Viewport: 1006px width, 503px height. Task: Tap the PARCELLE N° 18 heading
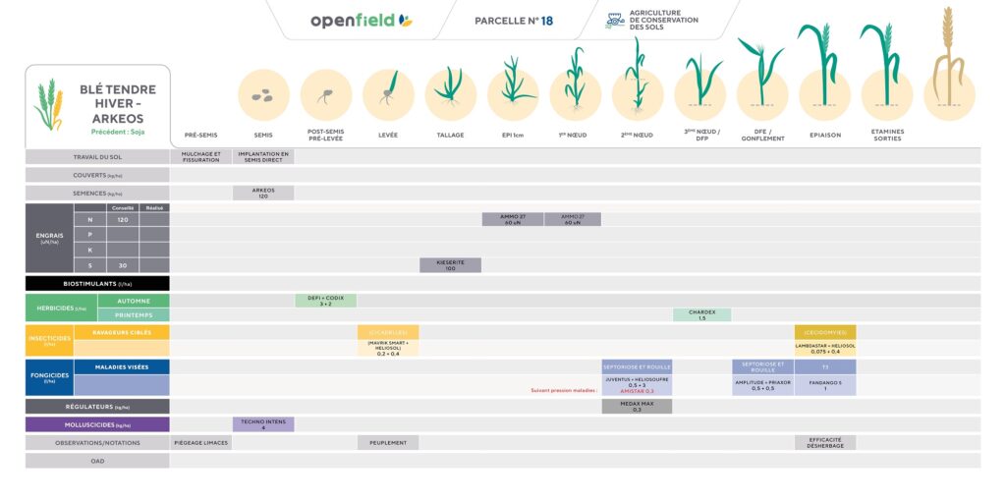click(x=513, y=21)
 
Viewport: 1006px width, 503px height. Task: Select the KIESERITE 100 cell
click(x=450, y=265)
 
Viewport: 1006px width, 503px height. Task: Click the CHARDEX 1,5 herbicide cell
click(x=701, y=315)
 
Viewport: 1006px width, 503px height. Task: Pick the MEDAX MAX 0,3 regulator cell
click(x=637, y=406)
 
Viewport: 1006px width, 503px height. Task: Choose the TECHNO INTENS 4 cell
click(x=263, y=424)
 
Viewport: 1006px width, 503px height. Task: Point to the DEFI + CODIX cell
click(x=325, y=301)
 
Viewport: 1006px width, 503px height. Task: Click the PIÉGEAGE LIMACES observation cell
click(x=201, y=443)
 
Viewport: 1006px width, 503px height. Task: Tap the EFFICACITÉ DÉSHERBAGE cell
click(x=825, y=443)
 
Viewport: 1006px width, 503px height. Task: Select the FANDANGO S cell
click(x=825, y=385)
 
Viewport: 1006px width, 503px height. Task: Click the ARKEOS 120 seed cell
click(x=263, y=194)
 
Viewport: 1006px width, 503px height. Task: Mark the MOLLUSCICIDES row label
click(x=97, y=424)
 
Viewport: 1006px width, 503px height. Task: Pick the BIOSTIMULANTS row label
click(x=97, y=283)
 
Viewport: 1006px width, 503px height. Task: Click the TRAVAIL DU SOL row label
click(x=97, y=156)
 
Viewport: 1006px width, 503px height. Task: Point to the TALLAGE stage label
click(x=450, y=135)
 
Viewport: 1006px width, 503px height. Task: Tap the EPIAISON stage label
click(x=825, y=135)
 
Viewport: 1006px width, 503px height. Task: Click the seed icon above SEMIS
click(x=263, y=95)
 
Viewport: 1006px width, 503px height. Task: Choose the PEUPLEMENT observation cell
click(x=388, y=443)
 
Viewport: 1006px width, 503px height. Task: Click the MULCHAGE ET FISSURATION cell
click(x=201, y=156)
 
